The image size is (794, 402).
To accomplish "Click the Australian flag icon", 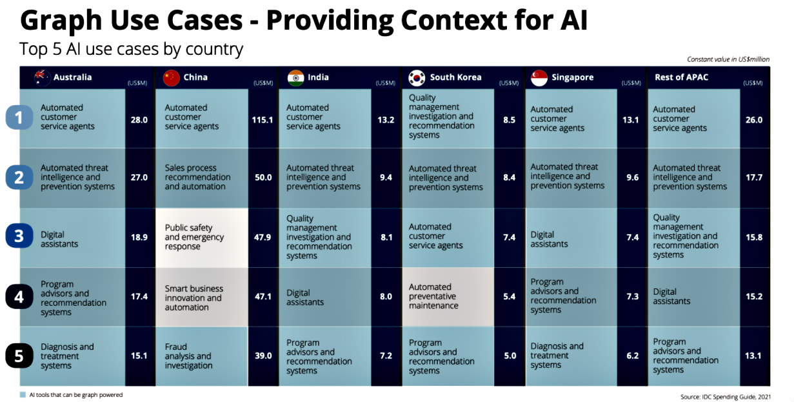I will point(43,77).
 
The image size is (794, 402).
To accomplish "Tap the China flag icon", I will point(172,78).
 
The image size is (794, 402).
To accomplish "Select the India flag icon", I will point(295,78).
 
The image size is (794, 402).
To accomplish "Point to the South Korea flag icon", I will point(416,78).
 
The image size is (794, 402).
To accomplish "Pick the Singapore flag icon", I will point(539,78).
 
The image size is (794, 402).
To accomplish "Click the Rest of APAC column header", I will point(681,77).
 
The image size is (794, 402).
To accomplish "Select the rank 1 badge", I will point(19,117).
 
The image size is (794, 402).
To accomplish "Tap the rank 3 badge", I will point(19,236).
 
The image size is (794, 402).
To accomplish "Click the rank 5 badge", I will point(19,356).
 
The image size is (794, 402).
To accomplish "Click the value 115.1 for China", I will point(263,120).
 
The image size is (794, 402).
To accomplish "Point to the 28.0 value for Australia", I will point(139,120).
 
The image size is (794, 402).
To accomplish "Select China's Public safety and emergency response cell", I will point(201,237).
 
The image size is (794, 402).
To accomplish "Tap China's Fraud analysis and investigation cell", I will point(201,356).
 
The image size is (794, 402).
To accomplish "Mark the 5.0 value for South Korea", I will point(510,356).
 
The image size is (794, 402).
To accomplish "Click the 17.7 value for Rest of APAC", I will point(754,177).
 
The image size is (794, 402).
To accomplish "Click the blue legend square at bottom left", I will point(23,394).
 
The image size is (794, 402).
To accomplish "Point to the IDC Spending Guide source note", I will point(725,397).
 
